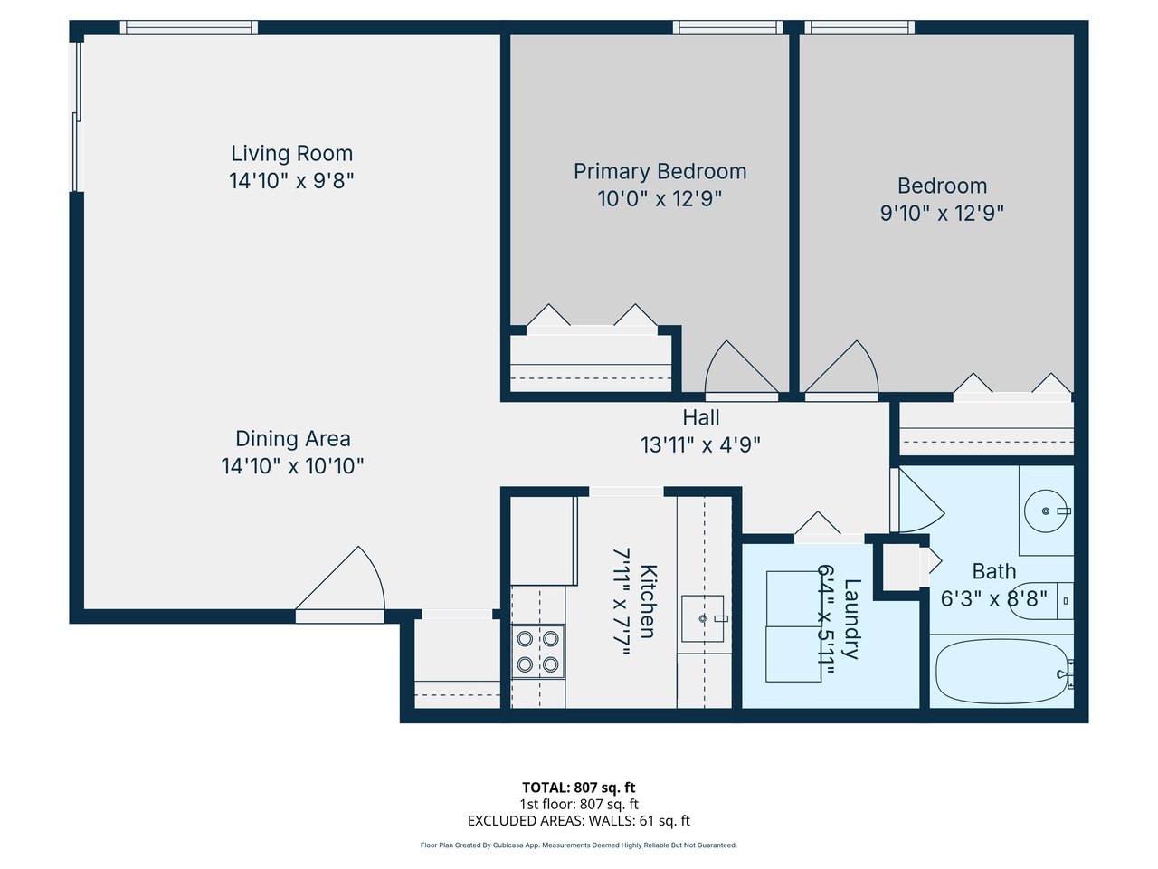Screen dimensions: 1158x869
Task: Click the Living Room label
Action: (x=291, y=154)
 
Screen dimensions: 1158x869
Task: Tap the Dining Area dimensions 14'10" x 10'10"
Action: (x=292, y=466)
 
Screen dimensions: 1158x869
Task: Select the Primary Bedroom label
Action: (x=660, y=171)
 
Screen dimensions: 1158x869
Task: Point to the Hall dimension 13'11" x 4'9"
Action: (x=700, y=444)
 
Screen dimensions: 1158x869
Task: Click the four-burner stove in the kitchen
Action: (x=537, y=652)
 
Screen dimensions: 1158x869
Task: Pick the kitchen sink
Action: (x=702, y=618)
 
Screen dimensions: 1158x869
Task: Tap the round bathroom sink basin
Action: (x=1046, y=511)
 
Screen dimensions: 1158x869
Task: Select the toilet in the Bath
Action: (x=1040, y=601)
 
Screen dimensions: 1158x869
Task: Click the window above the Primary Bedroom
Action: (x=727, y=27)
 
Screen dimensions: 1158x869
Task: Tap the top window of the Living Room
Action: (x=189, y=27)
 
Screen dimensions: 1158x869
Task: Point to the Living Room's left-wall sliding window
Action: (x=77, y=117)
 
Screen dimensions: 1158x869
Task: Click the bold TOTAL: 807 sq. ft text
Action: (x=579, y=788)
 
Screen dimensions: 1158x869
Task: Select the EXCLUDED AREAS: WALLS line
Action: (x=579, y=820)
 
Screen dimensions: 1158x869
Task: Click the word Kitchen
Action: (x=649, y=601)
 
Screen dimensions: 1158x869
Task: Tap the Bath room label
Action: (x=994, y=571)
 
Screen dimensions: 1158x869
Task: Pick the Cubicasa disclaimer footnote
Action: (x=579, y=845)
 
